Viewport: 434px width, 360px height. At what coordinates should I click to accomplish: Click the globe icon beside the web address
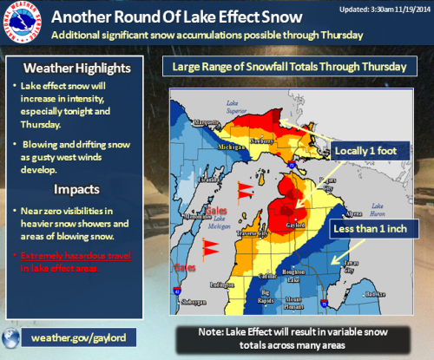[x=12, y=337]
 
